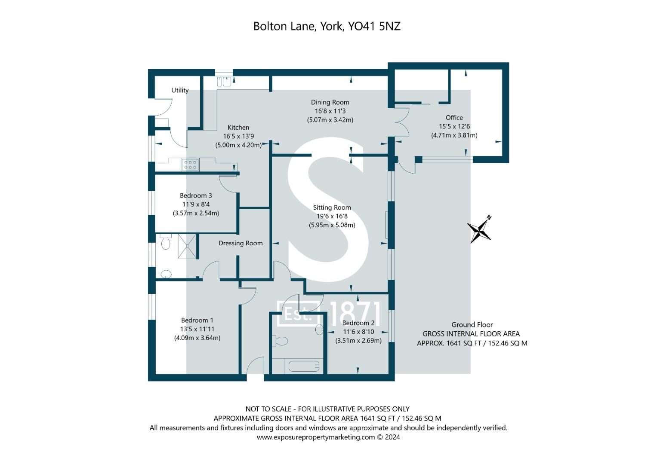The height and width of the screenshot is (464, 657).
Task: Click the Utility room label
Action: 180,90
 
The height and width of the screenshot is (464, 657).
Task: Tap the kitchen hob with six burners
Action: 190,164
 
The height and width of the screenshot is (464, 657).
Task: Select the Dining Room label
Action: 330,102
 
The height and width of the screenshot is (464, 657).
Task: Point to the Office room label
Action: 454,117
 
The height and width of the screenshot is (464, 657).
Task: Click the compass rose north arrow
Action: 479,229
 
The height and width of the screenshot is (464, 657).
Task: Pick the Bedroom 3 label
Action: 196,195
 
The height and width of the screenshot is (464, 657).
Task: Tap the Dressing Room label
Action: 241,243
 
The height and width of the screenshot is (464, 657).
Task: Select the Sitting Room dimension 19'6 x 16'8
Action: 332,216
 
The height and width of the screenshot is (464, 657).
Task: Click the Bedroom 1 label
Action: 197,320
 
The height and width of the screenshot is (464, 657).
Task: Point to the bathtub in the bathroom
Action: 304,366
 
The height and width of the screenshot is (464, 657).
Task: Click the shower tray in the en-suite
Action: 187,246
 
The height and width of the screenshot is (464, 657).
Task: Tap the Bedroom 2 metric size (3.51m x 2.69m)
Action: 358,340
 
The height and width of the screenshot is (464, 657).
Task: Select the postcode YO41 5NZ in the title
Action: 374,26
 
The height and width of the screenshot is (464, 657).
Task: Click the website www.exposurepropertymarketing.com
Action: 316,437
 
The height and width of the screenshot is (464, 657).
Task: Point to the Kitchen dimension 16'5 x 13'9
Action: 238,136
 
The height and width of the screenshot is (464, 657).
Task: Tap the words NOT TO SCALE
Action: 268,409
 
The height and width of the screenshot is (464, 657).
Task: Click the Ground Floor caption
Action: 472,324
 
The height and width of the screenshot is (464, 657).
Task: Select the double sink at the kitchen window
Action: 224,82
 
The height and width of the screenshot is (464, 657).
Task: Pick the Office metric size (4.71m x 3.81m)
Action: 454,135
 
